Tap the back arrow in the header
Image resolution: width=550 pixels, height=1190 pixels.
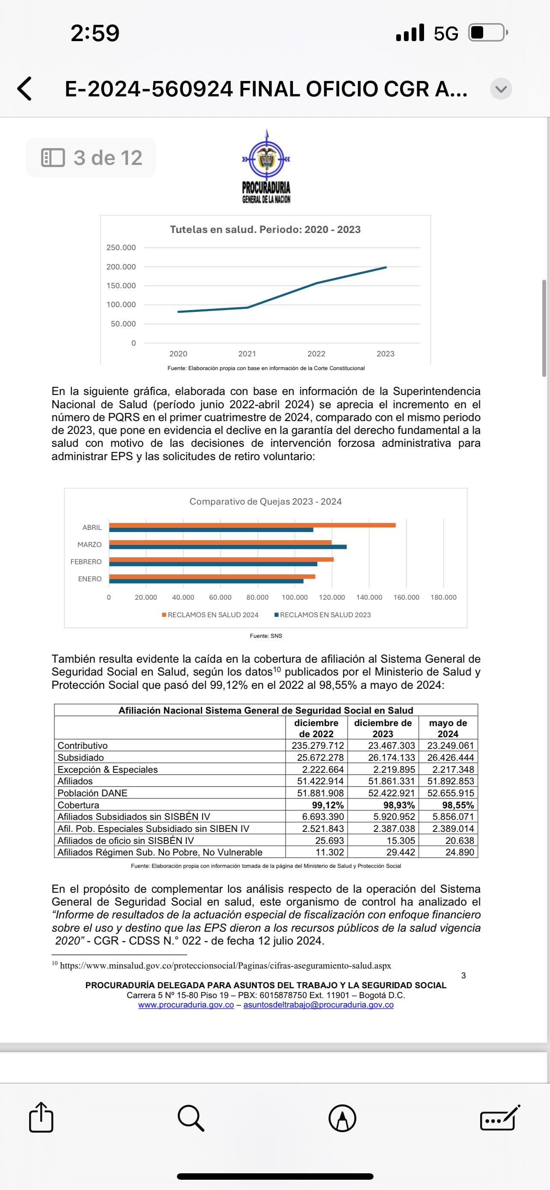coord(24,89)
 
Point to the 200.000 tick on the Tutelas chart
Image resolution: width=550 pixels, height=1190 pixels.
coord(121,266)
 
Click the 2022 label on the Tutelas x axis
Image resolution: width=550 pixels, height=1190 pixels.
coord(316,354)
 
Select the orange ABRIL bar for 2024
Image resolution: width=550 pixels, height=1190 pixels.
coord(252,525)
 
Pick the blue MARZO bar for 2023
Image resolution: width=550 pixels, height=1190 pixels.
coord(227,547)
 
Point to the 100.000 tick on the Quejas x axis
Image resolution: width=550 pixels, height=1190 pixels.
coord(295,597)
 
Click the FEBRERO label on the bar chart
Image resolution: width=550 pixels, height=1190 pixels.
coord(86,562)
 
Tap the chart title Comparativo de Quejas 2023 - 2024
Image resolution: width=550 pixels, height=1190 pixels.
coord(266,502)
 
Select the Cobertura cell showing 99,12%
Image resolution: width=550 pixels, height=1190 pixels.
coord(327,805)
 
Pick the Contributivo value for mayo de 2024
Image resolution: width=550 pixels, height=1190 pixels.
coord(450,746)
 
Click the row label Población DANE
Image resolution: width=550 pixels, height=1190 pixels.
coord(93,793)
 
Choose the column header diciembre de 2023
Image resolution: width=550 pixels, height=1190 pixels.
coord(383,728)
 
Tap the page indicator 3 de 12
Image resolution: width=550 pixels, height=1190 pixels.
coord(91,158)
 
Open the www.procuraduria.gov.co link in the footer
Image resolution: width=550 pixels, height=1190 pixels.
coord(186,1005)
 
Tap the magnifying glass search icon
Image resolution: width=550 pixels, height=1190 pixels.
coord(191,1118)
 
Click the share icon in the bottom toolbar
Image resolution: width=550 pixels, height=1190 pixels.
coord(41,1118)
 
